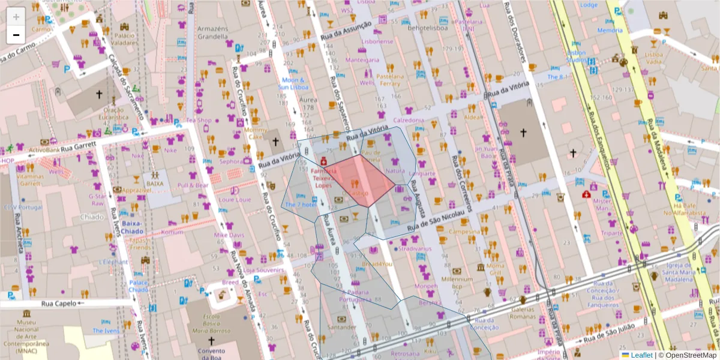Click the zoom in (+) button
click(x=16, y=16)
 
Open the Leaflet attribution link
click(x=641, y=355)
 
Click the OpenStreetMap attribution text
click(x=691, y=355)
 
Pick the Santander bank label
click(x=341, y=327)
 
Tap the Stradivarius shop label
click(x=415, y=248)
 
